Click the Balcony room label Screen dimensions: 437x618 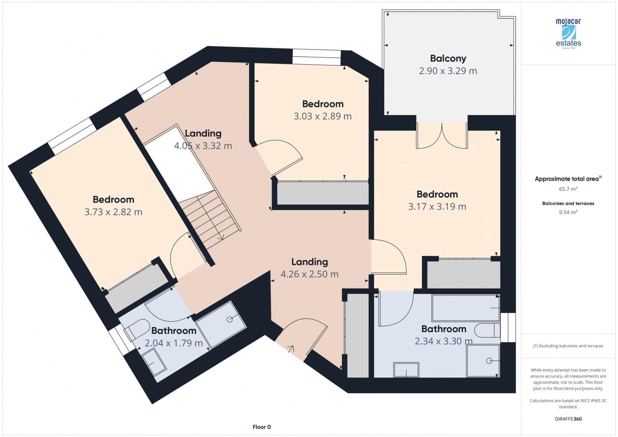(x=448, y=58)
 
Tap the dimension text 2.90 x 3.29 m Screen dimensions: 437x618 (x=448, y=71)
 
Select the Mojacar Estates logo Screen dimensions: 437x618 (x=568, y=33)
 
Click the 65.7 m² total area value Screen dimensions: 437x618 (x=568, y=189)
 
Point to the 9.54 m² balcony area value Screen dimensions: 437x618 (x=568, y=212)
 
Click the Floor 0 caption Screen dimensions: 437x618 (x=261, y=427)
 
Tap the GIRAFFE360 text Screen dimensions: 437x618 (x=568, y=419)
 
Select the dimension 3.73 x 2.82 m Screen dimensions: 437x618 (x=113, y=212)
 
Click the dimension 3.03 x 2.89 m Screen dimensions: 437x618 (x=323, y=116)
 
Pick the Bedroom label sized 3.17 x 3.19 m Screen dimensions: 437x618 (x=437, y=194)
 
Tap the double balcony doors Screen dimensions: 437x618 (x=442, y=136)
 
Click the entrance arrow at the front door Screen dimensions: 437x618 (x=290, y=349)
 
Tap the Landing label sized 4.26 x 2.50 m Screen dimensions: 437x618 (x=309, y=262)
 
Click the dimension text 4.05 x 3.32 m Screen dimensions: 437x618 (x=203, y=146)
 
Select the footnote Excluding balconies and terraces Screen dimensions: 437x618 (x=568, y=346)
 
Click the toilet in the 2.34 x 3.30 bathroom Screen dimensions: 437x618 (x=487, y=331)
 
